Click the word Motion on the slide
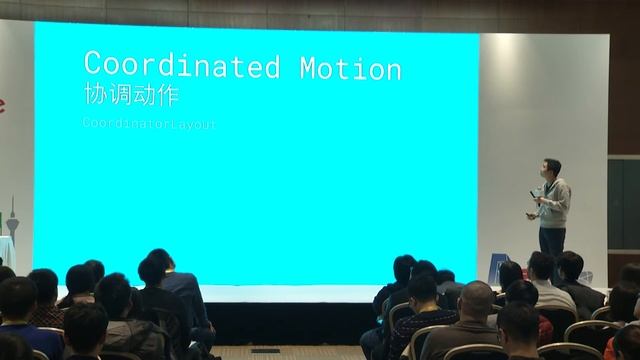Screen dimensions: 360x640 [351, 68]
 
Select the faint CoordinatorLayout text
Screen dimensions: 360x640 [150, 124]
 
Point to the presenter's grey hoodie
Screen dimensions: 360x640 [553, 201]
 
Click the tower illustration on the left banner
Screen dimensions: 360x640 [13, 216]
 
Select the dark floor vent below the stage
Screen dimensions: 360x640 [265, 350]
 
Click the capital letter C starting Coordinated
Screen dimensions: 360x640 [94, 66]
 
